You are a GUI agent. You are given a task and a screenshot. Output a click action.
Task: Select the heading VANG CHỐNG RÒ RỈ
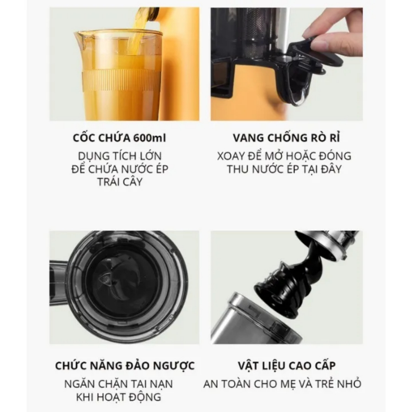coord(286,138)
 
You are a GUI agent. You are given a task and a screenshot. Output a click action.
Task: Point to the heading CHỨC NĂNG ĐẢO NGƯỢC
coord(125,365)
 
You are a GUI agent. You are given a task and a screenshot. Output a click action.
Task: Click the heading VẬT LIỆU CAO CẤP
coord(286,365)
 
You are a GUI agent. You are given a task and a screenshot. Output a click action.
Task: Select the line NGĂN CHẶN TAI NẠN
coord(119,384)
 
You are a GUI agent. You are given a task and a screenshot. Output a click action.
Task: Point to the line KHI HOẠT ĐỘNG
coord(119,397)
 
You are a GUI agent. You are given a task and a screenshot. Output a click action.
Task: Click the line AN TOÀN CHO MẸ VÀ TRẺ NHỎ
coord(283,384)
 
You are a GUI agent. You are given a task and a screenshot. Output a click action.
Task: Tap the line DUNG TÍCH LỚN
coord(120,156)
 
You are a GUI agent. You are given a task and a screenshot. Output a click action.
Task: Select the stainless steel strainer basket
coord(252,320)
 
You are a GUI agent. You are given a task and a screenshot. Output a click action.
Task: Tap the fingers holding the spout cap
coord(334,36)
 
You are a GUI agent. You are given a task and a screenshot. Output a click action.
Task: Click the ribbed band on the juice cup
coord(121,80)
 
